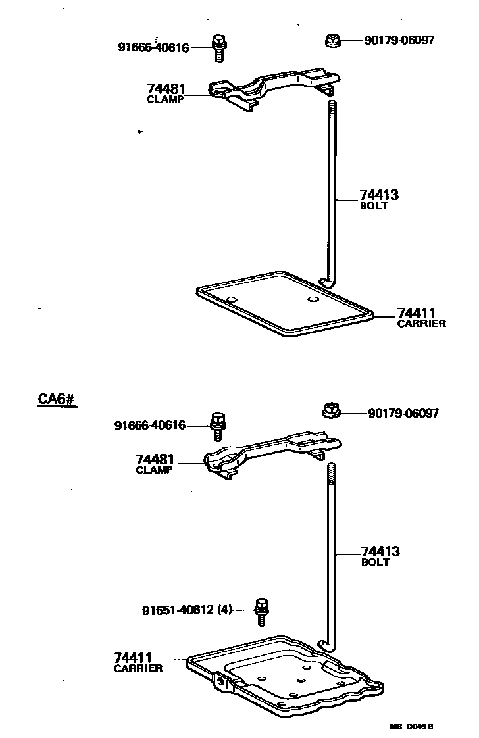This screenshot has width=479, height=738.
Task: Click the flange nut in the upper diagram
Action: [333, 41]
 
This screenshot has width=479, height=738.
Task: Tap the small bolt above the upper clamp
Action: [218, 48]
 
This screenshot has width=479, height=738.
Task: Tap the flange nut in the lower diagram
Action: [333, 411]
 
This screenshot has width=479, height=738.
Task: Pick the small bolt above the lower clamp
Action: [218, 426]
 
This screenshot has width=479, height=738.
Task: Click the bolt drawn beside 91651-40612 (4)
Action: [262, 611]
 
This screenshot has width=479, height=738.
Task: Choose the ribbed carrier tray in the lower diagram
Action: [283, 674]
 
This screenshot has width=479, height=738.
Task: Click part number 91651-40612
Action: [178, 610]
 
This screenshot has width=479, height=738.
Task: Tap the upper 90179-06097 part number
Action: [399, 41]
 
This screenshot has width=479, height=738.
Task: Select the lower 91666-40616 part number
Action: [150, 426]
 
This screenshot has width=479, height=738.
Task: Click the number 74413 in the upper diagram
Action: [379, 195]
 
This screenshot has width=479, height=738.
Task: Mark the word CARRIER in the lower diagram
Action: [138, 668]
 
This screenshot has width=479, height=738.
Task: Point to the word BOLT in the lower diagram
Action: [375, 562]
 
